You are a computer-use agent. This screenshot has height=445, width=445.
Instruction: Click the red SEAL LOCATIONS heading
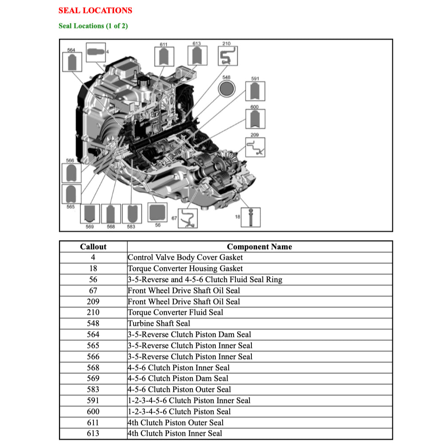point(95,10)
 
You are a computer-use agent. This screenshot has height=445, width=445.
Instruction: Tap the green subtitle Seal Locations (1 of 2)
point(93,26)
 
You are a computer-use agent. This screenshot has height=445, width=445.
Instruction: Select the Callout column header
point(93,247)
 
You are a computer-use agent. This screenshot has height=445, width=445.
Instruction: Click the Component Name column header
point(259,247)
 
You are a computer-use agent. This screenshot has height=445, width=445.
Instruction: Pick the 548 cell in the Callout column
point(93,324)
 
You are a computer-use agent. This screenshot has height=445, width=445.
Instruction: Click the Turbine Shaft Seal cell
point(159,324)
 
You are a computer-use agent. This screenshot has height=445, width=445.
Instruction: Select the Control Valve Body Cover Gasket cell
point(185,258)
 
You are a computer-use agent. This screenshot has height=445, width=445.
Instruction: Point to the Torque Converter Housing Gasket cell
point(185,269)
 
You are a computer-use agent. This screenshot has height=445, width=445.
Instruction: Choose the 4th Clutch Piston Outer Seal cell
point(176,422)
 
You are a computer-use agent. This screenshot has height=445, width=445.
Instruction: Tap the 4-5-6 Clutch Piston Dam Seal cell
point(178,379)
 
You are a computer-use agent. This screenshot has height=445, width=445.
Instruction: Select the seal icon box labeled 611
point(164,56)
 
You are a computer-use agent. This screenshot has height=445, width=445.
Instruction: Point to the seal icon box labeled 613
point(197,56)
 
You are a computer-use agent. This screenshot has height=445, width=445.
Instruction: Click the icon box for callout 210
point(228,56)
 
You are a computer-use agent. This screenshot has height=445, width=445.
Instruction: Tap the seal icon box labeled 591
point(255,91)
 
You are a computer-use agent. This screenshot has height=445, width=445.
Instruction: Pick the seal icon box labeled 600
point(255,119)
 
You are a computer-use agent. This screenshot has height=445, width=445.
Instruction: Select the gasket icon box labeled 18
point(251,217)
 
